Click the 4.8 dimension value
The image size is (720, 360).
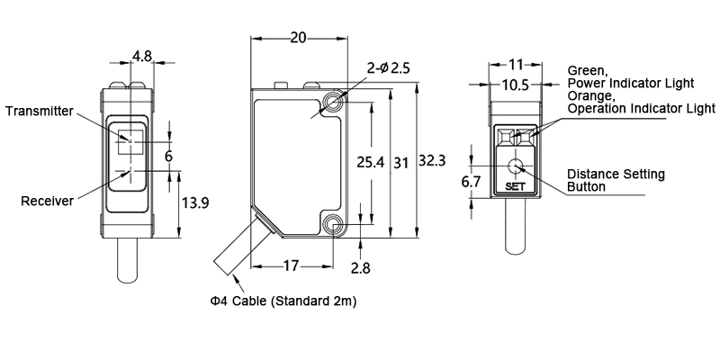point(141,56)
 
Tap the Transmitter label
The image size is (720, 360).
point(39,111)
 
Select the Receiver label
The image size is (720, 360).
point(47,201)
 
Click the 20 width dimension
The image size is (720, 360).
point(298,38)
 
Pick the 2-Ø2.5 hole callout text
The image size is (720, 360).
point(390,67)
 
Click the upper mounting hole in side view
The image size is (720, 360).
point(335,101)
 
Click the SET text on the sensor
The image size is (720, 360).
point(516,187)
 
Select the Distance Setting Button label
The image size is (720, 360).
point(616,180)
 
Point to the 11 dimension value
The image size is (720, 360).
point(516,65)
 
